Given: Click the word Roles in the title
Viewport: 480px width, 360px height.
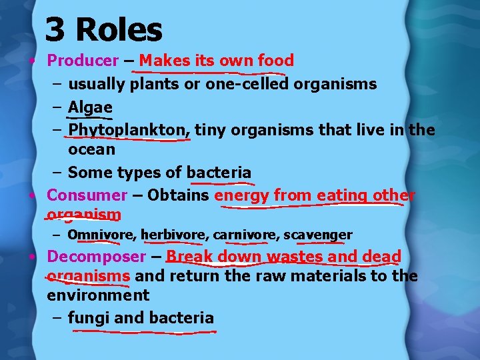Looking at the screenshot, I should (119, 30).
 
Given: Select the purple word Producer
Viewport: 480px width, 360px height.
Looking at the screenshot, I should (83, 61).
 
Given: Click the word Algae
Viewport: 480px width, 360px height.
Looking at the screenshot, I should (90, 107).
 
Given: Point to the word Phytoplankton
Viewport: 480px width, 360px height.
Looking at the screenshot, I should (129, 129).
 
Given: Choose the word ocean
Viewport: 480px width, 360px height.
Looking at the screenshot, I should (91, 149).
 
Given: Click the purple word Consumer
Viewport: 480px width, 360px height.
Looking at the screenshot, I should (87, 195).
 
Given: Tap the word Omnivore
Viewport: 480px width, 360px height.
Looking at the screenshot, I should (102, 235).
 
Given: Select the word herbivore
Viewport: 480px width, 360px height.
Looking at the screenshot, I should (175, 235).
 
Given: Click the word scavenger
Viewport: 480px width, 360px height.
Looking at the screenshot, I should (318, 235).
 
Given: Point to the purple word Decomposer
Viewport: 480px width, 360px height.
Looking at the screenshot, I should (96, 257).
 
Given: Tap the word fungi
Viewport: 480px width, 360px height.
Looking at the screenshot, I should (89, 318).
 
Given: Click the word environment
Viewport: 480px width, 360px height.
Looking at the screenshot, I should (98, 295).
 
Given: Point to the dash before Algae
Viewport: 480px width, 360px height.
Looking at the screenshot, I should (56, 107).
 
